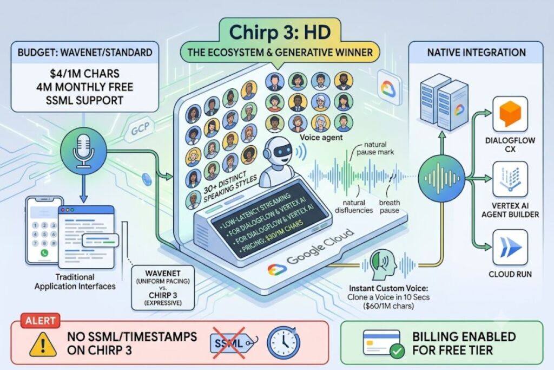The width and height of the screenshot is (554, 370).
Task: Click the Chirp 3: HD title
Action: pos(280,32)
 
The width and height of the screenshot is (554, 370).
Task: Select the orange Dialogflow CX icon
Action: pos(510,114)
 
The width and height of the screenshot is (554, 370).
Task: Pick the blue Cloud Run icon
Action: pos(510,247)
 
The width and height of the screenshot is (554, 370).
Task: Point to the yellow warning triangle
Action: pos(43,344)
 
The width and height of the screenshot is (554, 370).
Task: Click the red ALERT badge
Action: pos(40,321)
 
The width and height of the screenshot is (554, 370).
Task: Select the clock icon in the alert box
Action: pos(283,342)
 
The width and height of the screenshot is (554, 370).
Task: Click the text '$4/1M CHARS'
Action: pos(84,74)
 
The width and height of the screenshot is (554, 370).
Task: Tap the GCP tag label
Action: pos(140,129)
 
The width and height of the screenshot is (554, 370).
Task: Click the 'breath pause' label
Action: pos(389,206)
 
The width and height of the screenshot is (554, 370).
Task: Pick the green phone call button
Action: pos(44,254)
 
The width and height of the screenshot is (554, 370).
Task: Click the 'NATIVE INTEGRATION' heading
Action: pos(476,53)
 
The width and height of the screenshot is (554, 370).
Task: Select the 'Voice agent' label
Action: pos(321,137)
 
